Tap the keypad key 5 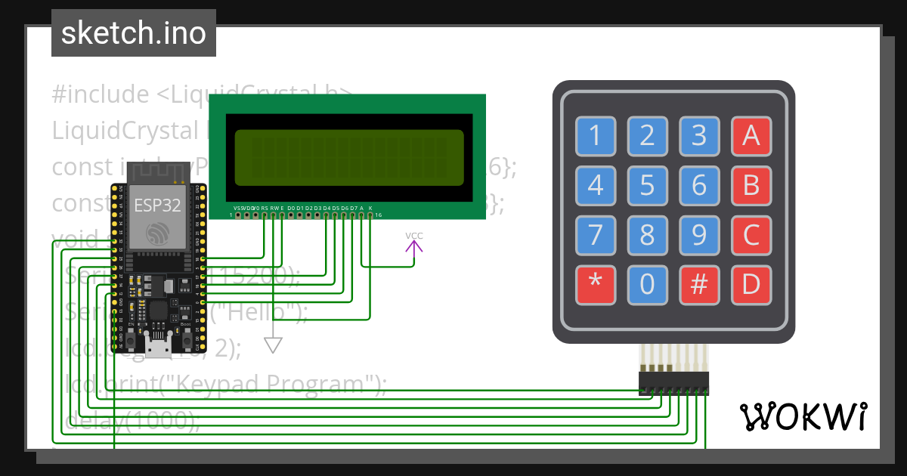click(647, 185)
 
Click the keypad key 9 click(699, 236)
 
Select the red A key click(751, 136)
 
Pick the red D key click(751, 286)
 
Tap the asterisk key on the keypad click(595, 286)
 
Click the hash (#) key click(699, 286)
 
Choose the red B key click(751, 185)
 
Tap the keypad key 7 click(595, 236)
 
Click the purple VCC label click(414, 236)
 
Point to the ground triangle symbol click(273, 345)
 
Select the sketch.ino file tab click(134, 33)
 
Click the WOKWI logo click(803, 416)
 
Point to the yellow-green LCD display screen click(349, 158)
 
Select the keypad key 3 click(699, 136)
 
